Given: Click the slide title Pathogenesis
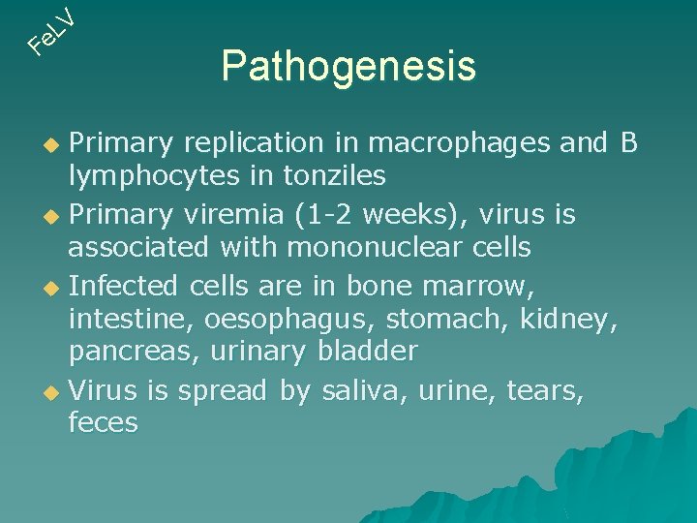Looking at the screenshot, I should pos(348,67).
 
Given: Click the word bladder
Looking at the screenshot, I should pos(367,351).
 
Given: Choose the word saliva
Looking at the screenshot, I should pos(364,389).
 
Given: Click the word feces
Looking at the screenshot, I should pos(103,422).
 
